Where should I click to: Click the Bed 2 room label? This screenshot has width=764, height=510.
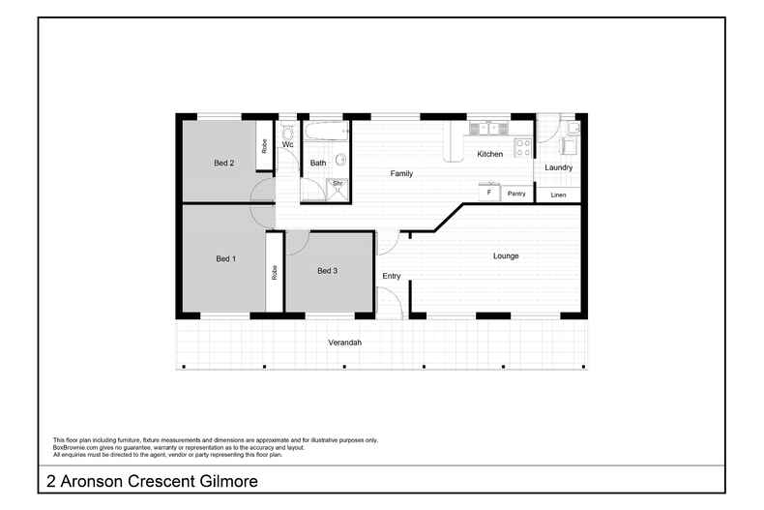(224, 164)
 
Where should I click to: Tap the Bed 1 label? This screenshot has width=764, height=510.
(225, 258)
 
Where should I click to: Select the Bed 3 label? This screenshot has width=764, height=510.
(328, 271)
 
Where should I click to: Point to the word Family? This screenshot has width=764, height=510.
(401, 174)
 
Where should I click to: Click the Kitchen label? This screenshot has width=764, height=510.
(489, 155)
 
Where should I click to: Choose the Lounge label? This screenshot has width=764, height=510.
(506, 256)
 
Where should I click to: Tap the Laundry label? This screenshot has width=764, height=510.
(558, 167)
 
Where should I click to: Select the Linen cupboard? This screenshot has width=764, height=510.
(558, 195)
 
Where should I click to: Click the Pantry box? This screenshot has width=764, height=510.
(516, 194)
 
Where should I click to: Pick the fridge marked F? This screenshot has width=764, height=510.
(489, 194)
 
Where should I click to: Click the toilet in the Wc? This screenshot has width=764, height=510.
(287, 129)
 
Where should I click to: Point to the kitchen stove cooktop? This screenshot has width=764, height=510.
(522, 148)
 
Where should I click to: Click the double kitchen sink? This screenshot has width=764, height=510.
(486, 128)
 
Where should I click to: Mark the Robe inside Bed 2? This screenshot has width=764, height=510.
(264, 146)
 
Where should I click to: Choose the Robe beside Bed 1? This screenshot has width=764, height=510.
(275, 272)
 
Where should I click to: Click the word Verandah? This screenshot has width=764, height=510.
(344, 344)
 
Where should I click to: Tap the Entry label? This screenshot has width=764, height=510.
(391, 277)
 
